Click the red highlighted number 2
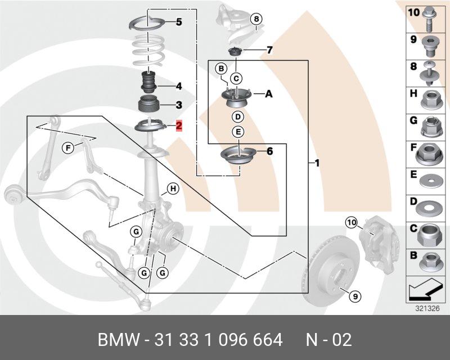(179, 125)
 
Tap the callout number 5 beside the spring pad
(179, 22)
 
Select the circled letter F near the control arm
(67, 148)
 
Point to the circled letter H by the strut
(173, 188)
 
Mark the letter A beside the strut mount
(268, 94)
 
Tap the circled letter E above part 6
(238, 132)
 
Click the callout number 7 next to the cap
(269, 51)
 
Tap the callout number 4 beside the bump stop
(178, 87)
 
